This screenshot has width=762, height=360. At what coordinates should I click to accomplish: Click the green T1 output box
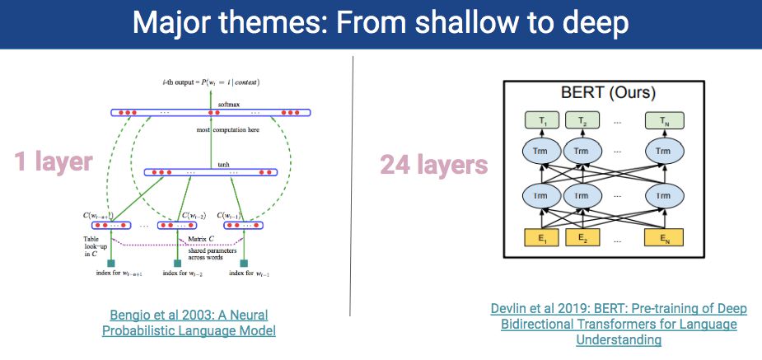pyautogui.click(x=541, y=121)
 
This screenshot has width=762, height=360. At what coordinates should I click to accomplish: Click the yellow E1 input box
pyautogui.click(x=541, y=239)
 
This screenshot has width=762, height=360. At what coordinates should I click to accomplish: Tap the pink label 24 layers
pyautogui.click(x=433, y=165)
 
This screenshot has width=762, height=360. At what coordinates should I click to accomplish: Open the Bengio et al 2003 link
pyautogui.click(x=189, y=322)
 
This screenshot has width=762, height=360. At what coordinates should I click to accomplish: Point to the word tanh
pyautogui.click(x=222, y=164)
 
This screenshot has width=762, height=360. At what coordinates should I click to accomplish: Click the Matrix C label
pyautogui.click(x=199, y=238)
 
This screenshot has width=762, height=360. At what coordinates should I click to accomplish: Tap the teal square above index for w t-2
pyautogui.click(x=178, y=264)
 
